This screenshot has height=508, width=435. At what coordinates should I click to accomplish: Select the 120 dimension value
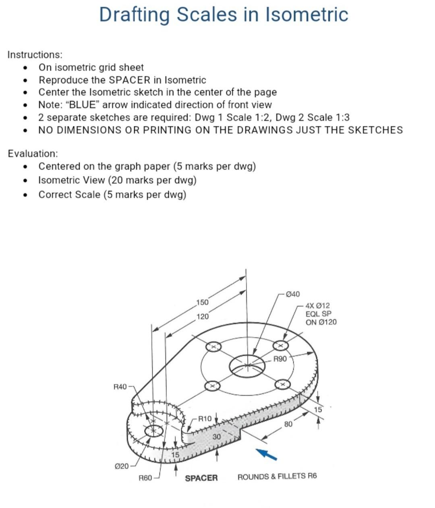(203, 317)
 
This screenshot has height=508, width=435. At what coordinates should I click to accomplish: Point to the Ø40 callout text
(292, 294)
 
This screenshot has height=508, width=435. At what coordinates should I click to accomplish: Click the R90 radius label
(280, 359)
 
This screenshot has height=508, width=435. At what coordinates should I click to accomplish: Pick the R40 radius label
(120, 387)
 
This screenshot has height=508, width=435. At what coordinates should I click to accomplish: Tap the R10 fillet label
(205, 419)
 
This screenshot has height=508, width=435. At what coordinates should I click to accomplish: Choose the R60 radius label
(145, 478)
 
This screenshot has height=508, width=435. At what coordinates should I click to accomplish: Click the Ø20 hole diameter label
(122, 466)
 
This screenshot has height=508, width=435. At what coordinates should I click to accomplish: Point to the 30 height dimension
(217, 437)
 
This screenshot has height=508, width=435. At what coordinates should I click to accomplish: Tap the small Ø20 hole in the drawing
(153, 431)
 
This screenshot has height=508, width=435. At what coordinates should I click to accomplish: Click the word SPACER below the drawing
(201, 478)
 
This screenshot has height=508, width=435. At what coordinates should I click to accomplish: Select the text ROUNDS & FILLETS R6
(277, 477)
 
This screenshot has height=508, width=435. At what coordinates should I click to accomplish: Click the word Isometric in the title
(307, 15)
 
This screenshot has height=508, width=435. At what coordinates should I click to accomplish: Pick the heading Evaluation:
(33, 153)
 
